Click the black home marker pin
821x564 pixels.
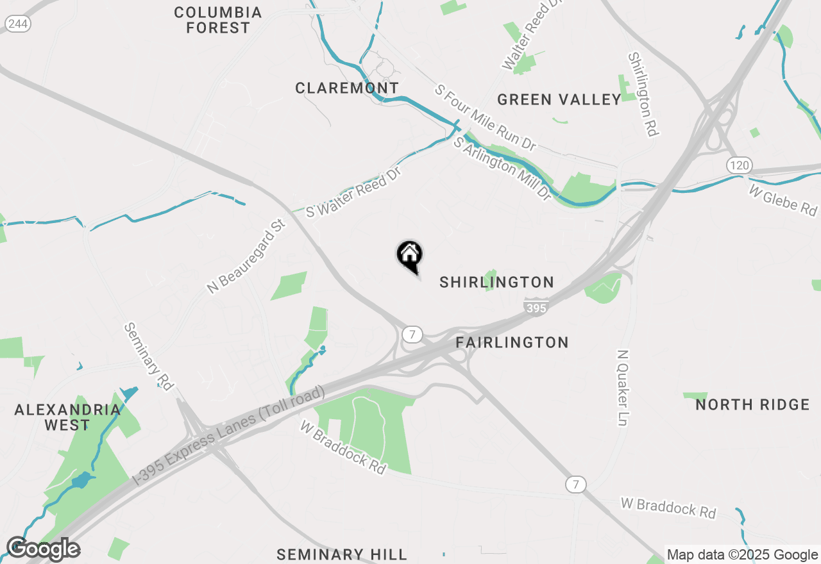click(409, 255)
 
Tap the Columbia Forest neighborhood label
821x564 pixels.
click(218, 20)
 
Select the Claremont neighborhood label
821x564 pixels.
click(347, 88)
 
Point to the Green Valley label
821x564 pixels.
click(559, 99)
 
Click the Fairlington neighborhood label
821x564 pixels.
click(512, 342)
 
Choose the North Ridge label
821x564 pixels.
click(752, 404)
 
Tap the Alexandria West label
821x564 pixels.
click(53, 417)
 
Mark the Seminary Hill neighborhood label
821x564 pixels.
click(342, 554)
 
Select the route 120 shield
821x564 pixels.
click(739, 165)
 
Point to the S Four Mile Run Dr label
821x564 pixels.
click(485, 117)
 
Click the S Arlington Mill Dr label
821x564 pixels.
click(502, 169)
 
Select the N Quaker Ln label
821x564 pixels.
click(623, 388)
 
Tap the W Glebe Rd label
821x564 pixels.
click(783, 199)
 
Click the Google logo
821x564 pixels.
click(43, 549)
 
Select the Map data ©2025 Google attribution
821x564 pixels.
click(742, 555)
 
